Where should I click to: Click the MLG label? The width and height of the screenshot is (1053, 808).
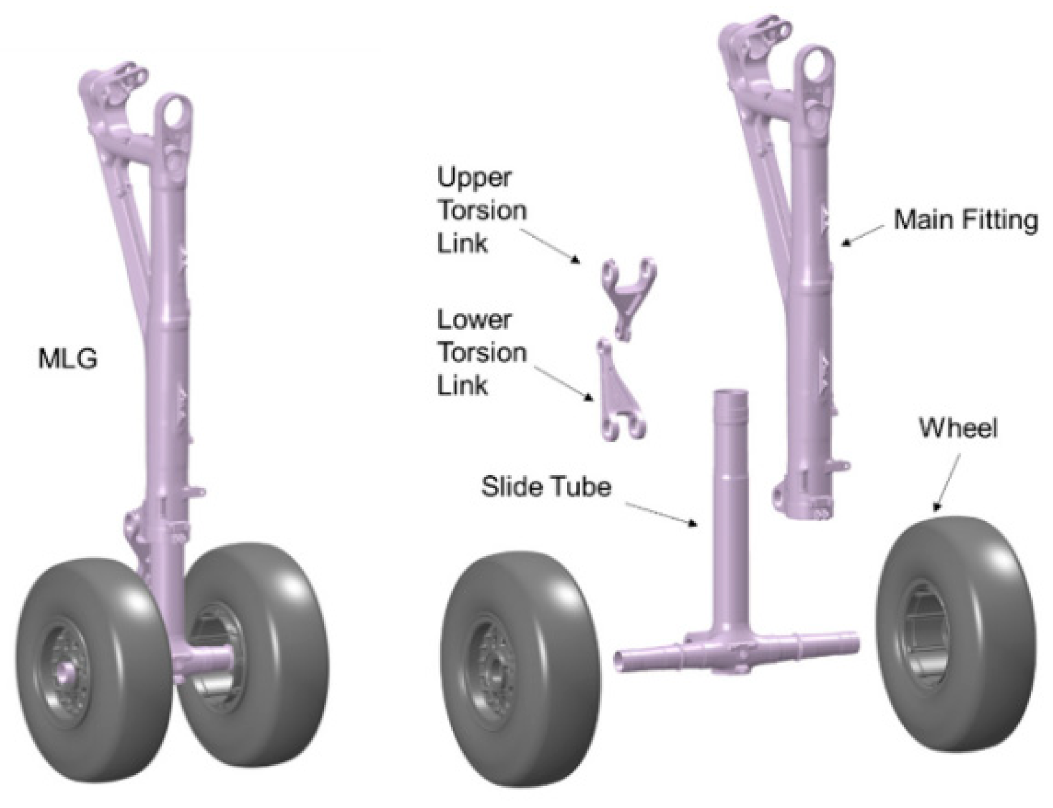click(x=67, y=359)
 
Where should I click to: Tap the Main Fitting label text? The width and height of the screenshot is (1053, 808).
click(x=966, y=219)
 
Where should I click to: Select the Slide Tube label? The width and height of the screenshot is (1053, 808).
click(x=546, y=486)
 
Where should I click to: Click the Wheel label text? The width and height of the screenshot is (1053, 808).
click(x=958, y=428)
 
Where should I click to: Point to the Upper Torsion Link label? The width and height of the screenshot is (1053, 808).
click(x=482, y=210)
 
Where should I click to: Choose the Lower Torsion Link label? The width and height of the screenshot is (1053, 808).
click(x=482, y=353)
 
